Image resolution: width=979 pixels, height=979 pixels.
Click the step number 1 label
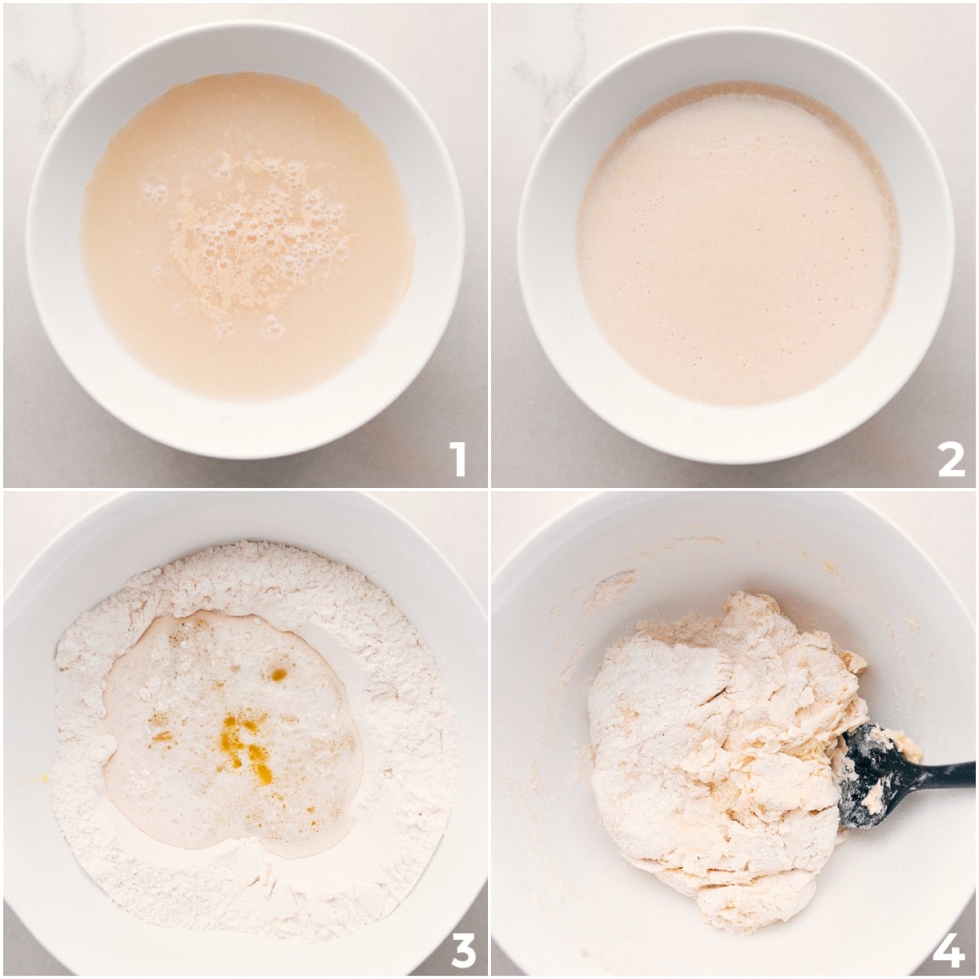point(457,458)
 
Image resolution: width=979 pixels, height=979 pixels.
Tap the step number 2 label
point(950,458)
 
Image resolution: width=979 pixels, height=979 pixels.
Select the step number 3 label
point(463,949)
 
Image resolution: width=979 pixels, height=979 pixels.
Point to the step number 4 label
point(949,949)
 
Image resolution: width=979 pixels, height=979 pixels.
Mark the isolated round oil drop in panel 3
point(279,674)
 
